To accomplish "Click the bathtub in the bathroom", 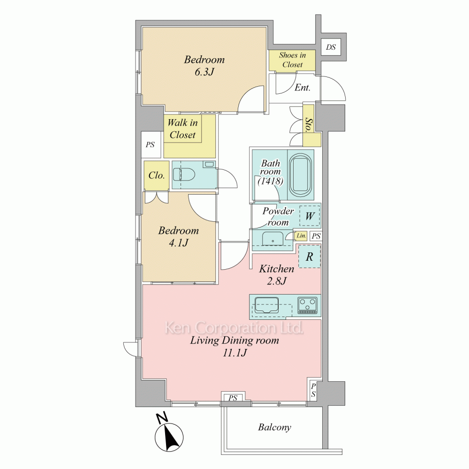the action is pyautogui.click(x=301, y=175).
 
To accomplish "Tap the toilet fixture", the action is pyautogui.click(x=184, y=174).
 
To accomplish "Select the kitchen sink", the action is pyautogui.click(x=266, y=305).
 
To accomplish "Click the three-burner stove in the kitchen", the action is pyautogui.click(x=307, y=305).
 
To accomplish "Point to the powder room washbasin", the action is pyautogui.click(x=272, y=239).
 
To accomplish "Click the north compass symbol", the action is pyautogui.click(x=168, y=433).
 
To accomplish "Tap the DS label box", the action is pyautogui.click(x=331, y=47).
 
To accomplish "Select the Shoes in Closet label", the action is pyautogui.click(x=292, y=60).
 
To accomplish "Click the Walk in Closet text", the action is pyautogui.click(x=182, y=129).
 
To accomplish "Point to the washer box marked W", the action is pyautogui.click(x=310, y=216).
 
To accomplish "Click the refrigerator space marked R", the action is pyautogui.click(x=310, y=257).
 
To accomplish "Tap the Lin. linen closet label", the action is pyautogui.click(x=301, y=236).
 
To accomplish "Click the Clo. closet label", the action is pyautogui.click(x=157, y=175).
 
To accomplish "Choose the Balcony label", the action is pyautogui.click(x=274, y=427).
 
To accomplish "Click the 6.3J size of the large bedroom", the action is pyautogui.click(x=204, y=72).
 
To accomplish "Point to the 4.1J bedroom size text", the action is pyautogui.click(x=179, y=242).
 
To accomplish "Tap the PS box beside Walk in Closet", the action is pyautogui.click(x=151, y=145).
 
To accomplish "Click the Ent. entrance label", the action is pyautogui.click(x=303, y=88).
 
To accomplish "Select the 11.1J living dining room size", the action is pyautogui.click(x=235, y=353).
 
